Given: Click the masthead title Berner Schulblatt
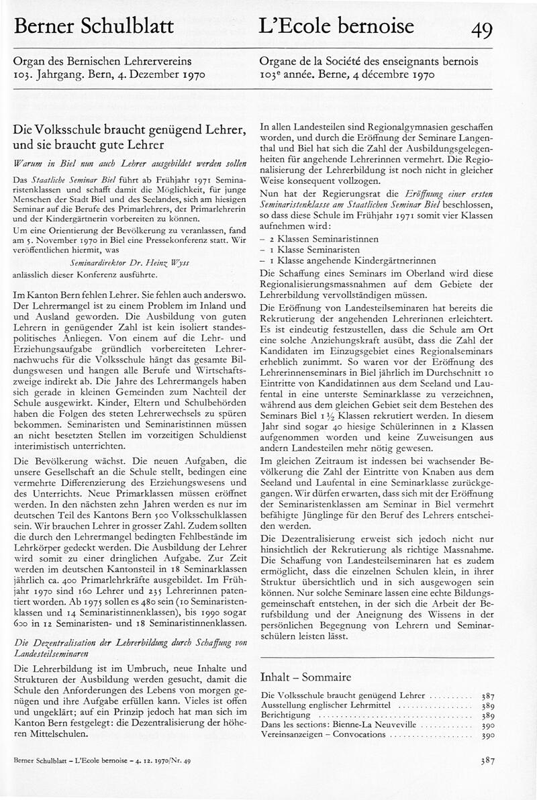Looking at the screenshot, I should pyautogui.click(x=93, y=27).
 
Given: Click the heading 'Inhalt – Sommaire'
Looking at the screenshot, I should pyautogui.click(x=305, y=677).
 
